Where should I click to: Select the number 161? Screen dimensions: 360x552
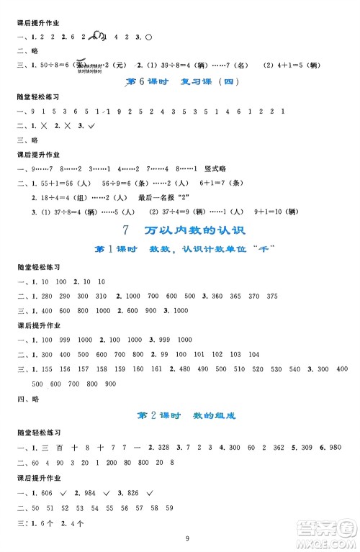tap(158, 368)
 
